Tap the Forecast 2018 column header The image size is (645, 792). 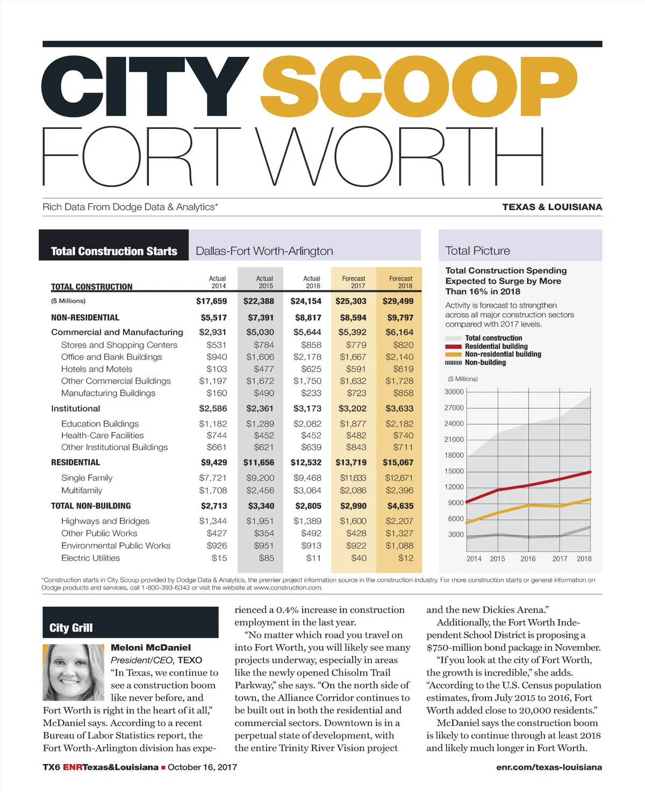pos(401,282)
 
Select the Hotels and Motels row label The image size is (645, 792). pos(97,369)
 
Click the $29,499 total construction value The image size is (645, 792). pos(398,301)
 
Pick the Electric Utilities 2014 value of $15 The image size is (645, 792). pos(219,558)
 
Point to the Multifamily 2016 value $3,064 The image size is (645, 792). pos(307,491)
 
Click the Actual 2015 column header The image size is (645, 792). pos(264,282)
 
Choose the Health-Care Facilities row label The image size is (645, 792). pos(103,436)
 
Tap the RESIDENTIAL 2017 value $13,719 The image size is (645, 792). pos(351,463)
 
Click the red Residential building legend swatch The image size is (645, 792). pos(454,347)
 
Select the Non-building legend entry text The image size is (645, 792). pos(485,363)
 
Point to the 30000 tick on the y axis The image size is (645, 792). pos(454,392)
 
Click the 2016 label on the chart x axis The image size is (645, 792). pos(528,559)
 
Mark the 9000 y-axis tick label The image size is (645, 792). pos(456,503)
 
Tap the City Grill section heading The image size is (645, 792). pos(71,628)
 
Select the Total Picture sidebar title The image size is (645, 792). pos(478,251)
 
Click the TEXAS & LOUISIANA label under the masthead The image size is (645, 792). pos(552,207)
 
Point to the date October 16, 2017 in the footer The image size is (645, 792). pos(202,767)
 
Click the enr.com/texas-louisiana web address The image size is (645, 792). pos(549,767)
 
